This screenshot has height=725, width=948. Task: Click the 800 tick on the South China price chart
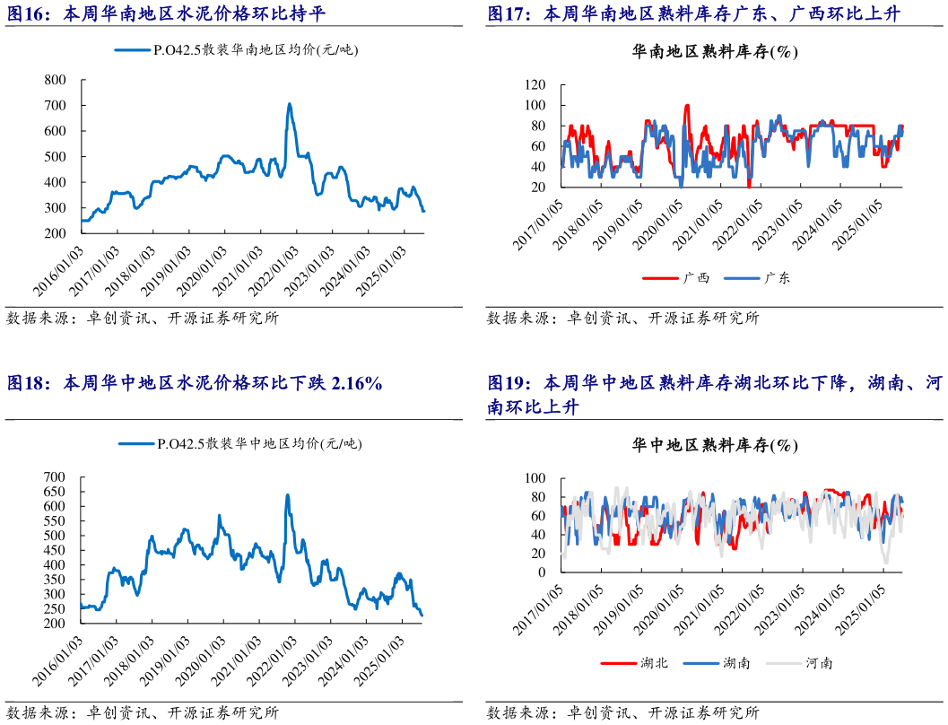click(55, 80)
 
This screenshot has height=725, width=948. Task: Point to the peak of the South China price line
click(289, 104)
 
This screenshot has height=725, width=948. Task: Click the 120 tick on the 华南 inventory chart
click(535, 85)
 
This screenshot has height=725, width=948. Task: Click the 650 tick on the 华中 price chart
click(55, 492)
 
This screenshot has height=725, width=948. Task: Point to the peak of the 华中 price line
click(287, 494)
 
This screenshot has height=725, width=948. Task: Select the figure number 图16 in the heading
click(27, 14)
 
